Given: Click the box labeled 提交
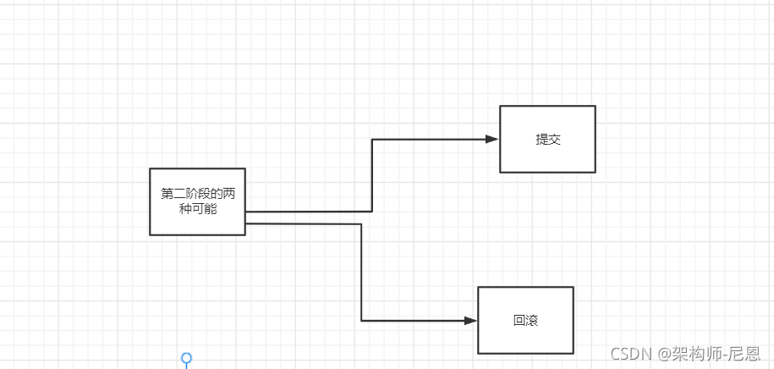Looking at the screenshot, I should [547, 139].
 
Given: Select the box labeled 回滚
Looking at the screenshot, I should [525, 320].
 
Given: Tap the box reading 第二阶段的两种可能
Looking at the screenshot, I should [197, 201].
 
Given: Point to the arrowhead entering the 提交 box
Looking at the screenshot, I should [492, 139].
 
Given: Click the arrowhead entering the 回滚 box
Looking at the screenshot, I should [471, 321].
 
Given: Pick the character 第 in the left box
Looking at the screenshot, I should [167, 194].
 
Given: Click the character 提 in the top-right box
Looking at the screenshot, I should [541, 140].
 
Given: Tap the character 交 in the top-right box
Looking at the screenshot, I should [554, 140].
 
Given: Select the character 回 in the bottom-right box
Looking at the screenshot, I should [519, 321].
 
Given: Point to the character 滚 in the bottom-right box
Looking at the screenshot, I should [532, 321].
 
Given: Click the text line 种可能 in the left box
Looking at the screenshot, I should [198, 208].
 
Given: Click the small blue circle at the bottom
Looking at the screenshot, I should [187, 358].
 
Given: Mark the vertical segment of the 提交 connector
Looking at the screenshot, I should [372, 175].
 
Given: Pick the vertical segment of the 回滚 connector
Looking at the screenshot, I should [361, 273].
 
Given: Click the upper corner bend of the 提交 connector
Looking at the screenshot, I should [372, 139].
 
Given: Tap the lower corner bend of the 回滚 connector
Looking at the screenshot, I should [361, 321].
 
